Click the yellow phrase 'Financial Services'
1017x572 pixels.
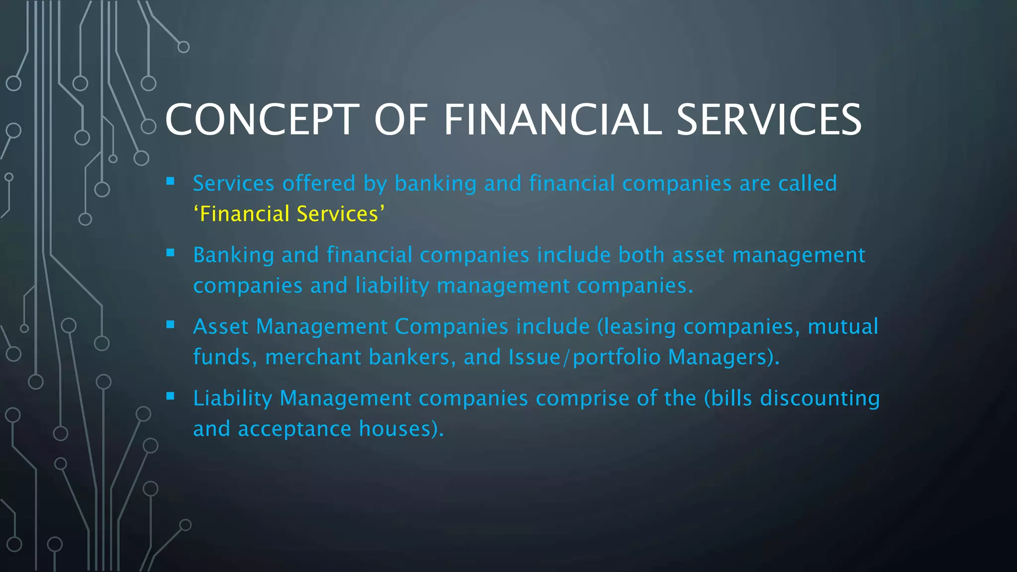coord(289,214)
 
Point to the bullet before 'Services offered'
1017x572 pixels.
coord(170,181)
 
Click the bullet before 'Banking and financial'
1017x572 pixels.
coord(170,253)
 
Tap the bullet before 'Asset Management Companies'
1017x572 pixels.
coord(170,324)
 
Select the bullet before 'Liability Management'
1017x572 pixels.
coord(170,396)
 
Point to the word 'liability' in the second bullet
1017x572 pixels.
coord(392,286)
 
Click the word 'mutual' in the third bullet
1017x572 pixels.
coord(843,327)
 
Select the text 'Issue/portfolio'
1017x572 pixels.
coord(584,357)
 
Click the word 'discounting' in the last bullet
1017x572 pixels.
coord(820,398)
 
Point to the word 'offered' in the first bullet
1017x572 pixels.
coord(319,183)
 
